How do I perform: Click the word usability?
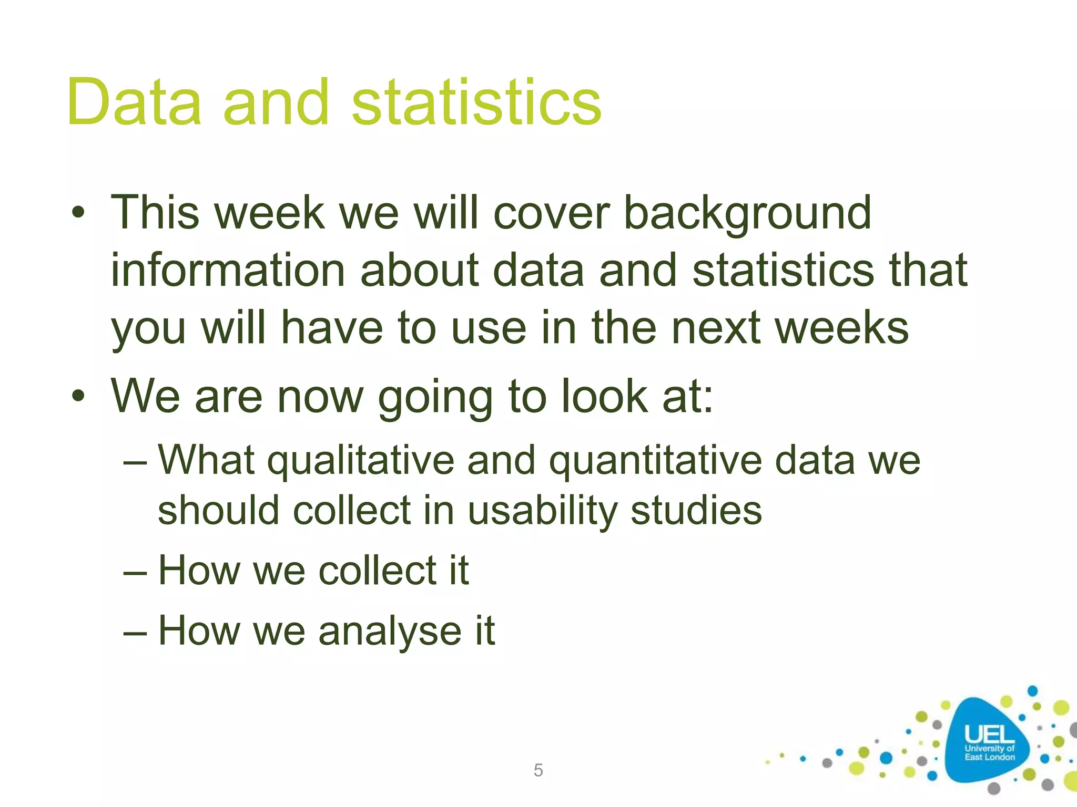(x=542, y=511)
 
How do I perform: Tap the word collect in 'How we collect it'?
(x=378, y=571)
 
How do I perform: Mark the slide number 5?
(x=538, y=770)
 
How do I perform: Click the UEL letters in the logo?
(x=989, y=734)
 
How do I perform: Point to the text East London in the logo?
(x=989, y=757)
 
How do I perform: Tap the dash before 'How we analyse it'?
(x=135, y=633)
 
